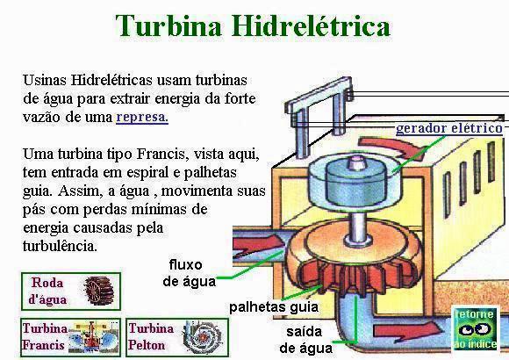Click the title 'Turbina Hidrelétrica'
click(253, 25)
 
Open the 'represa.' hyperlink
click(142, 117)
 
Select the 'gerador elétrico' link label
click(449, 128)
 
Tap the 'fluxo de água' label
click(189, 273)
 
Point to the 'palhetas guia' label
click(274, 307)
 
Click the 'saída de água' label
click(305, 340)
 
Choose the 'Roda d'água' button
click(71, 292)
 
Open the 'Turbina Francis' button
click(71, 337)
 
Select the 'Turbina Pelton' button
click(177, 337)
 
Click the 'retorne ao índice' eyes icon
click(476, 328)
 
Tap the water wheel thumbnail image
click(98, 292)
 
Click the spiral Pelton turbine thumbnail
click(202, 337)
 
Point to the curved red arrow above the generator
click(394, 148)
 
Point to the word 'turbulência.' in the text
click(60, 246)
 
